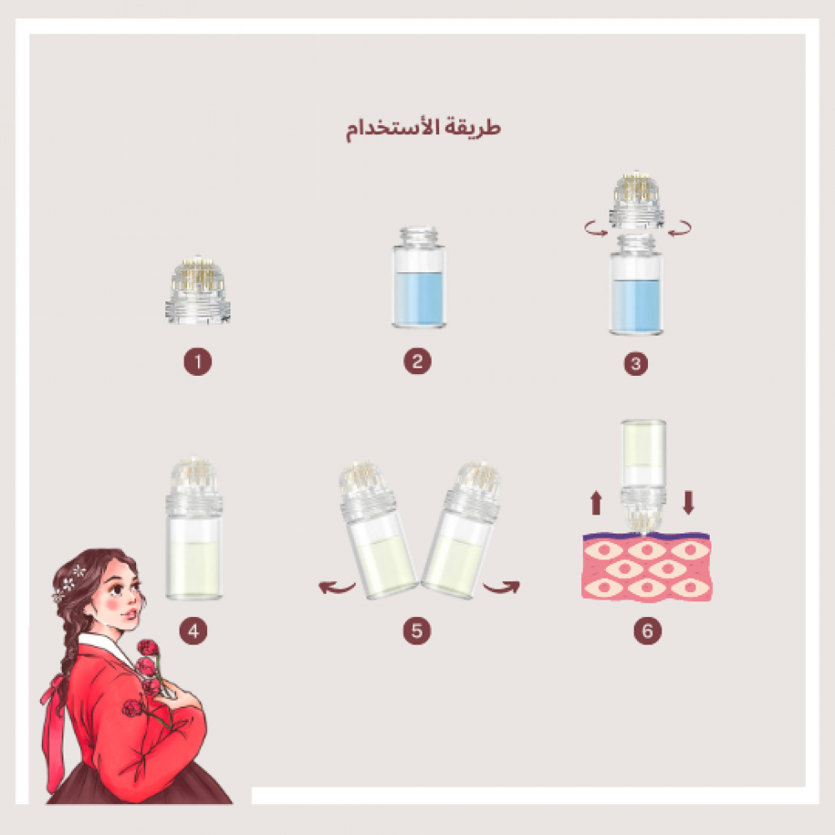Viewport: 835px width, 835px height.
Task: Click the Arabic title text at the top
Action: [423, 128]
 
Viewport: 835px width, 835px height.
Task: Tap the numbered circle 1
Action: [198, 362]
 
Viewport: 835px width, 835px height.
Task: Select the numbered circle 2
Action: [417, 361]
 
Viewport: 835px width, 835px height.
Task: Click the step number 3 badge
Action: [635, 364]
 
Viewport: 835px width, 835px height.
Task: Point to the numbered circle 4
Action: [194, 631]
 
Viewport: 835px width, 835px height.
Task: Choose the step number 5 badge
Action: [417, 631]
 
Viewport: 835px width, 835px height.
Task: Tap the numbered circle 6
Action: [648, 631]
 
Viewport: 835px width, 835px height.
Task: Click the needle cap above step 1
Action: [198, 291]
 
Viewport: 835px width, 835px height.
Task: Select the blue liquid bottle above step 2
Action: [419, 277]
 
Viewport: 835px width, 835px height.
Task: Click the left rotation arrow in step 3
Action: [596, 229]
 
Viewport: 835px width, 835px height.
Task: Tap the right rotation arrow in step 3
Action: [680, 229]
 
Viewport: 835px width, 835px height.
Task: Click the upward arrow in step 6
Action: [596, 503]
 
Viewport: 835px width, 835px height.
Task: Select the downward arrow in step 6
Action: [689, 503]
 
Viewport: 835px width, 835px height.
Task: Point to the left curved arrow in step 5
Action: [337, 587]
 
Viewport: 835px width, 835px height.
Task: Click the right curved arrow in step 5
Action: [501, 587]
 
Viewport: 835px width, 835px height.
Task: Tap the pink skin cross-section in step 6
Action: [646, 567]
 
